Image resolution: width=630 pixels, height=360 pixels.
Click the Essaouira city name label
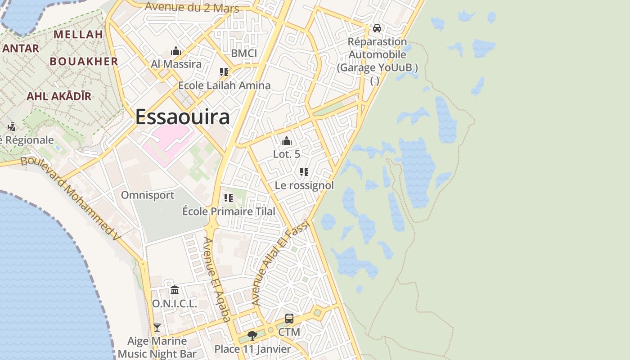[182, 117]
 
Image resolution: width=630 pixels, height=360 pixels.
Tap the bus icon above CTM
[289, 319]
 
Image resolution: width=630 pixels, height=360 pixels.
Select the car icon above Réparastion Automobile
[377, 28]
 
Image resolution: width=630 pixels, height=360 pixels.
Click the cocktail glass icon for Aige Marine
[157, 327]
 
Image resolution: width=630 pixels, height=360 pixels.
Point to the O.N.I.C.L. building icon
[175, 290]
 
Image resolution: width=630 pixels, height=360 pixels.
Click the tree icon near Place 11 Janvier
[252, 335]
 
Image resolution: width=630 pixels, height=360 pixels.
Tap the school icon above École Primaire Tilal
[229, 198]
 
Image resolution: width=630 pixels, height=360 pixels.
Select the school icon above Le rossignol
[304, 172]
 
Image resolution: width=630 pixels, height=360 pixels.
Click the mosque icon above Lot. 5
[287, 141]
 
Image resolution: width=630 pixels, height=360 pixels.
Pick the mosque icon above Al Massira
[176, 51]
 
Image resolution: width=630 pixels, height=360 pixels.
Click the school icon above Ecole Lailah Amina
[224, 72]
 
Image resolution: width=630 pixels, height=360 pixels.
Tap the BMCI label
[244, 54]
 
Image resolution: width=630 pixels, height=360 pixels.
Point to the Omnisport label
[148, 195]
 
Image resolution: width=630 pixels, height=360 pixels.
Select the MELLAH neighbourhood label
[79, 34]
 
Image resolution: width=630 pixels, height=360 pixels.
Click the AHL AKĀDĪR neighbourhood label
[59, 96]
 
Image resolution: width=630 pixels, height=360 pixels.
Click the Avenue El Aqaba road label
[217, 279]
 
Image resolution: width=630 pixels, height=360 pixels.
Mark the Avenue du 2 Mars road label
[192, 7]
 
